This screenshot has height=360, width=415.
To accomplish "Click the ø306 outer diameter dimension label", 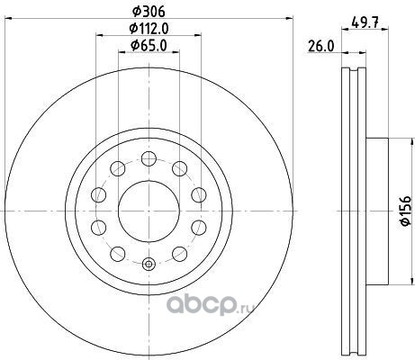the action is [149, 12].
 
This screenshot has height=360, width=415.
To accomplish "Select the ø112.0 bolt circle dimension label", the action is [149, 29].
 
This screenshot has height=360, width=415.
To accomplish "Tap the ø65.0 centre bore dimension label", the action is [149, 46].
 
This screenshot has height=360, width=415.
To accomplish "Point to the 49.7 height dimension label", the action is [365, 22].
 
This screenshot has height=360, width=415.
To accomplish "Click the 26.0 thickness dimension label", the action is [320, 47].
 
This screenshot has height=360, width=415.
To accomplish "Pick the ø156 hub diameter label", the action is [405, 211].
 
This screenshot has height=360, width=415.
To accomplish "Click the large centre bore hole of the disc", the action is [149, 211].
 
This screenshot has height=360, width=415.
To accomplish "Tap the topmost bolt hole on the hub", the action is [149, 158].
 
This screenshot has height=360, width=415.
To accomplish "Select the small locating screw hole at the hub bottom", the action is [149, 264].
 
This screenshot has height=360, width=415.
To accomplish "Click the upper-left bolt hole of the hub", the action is [118, 168].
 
